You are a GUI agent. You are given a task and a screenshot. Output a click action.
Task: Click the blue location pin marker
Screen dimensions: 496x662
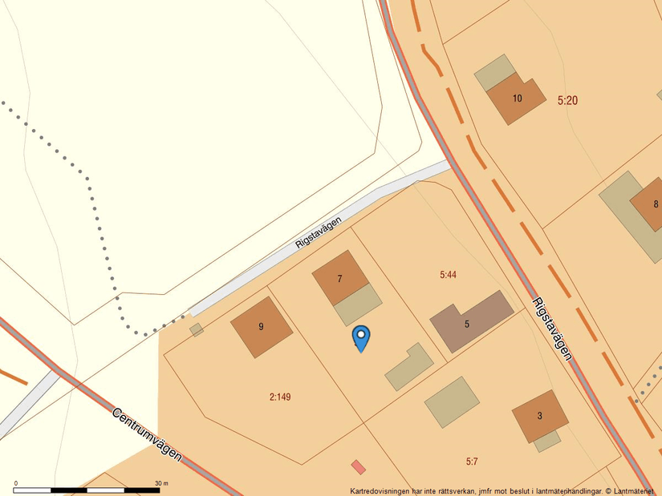(x=362, y=337)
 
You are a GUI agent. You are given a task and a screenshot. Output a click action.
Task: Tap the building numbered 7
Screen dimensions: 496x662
(x=340, y=278)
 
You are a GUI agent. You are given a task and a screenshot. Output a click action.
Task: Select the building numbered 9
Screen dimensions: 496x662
(x=261, y=325)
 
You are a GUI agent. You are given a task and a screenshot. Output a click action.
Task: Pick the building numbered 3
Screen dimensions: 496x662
(x=540, y=416)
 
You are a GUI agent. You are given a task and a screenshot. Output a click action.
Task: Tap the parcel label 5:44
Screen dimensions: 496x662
(x=448, y=275)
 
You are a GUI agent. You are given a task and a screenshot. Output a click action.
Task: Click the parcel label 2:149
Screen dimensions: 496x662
(x=280, y=396)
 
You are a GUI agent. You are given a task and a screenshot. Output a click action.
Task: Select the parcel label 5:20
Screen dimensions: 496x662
(x=567, y=101)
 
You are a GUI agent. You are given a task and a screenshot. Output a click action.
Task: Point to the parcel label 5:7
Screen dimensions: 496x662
(x=472, y=462)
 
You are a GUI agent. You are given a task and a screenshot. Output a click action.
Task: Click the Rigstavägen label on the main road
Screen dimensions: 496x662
(x=553, y=329)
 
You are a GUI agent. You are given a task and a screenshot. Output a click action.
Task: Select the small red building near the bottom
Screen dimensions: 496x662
(x=358, y=466)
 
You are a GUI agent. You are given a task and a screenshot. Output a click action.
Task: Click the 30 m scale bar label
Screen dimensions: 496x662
(x=160, y=483)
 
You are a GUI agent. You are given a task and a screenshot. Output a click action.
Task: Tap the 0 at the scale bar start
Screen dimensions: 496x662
(x=16, y=483)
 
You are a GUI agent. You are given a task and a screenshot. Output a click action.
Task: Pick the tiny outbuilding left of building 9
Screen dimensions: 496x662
(x=197, y=329)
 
